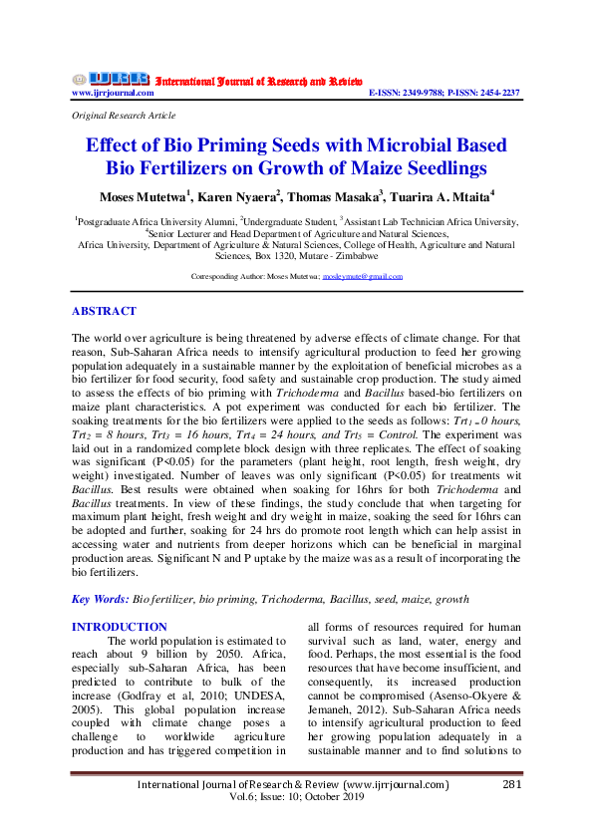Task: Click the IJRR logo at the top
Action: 110,78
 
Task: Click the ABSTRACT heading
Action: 105,311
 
